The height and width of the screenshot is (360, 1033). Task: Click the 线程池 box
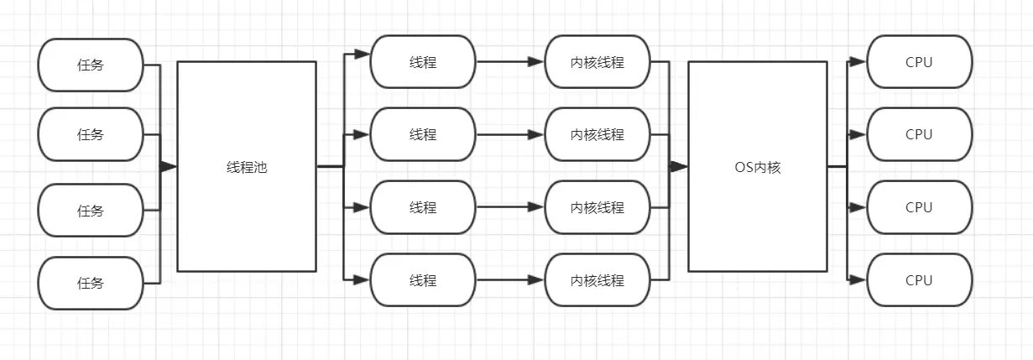[247, 166]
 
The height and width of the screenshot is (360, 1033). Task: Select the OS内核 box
[757, 166]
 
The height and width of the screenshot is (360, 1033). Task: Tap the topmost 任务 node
[91, 65]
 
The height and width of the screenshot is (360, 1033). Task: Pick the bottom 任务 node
[91, 283]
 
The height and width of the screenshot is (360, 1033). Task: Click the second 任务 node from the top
[91, 134]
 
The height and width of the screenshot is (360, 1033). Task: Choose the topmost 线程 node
[423, 61]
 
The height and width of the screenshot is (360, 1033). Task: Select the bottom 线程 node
[423, 280]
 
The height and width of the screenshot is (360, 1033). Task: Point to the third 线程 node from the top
[423, 207]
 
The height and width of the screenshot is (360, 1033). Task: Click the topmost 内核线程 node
[597, 61]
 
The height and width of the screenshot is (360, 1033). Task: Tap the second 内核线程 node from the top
[597, 134]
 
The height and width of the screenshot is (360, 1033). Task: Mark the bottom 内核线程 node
[597, 280]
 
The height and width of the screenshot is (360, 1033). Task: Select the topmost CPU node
[919, 61]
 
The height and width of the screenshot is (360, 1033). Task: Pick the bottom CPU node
[919, 280]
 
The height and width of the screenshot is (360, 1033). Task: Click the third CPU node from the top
[919, 207]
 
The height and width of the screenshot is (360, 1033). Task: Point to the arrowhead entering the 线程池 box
[169, 166]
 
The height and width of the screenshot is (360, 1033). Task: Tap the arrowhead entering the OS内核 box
[679, 166]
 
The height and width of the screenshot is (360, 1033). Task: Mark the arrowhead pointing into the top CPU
[858, 61]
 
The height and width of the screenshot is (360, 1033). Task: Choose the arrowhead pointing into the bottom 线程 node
[362, 280]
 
